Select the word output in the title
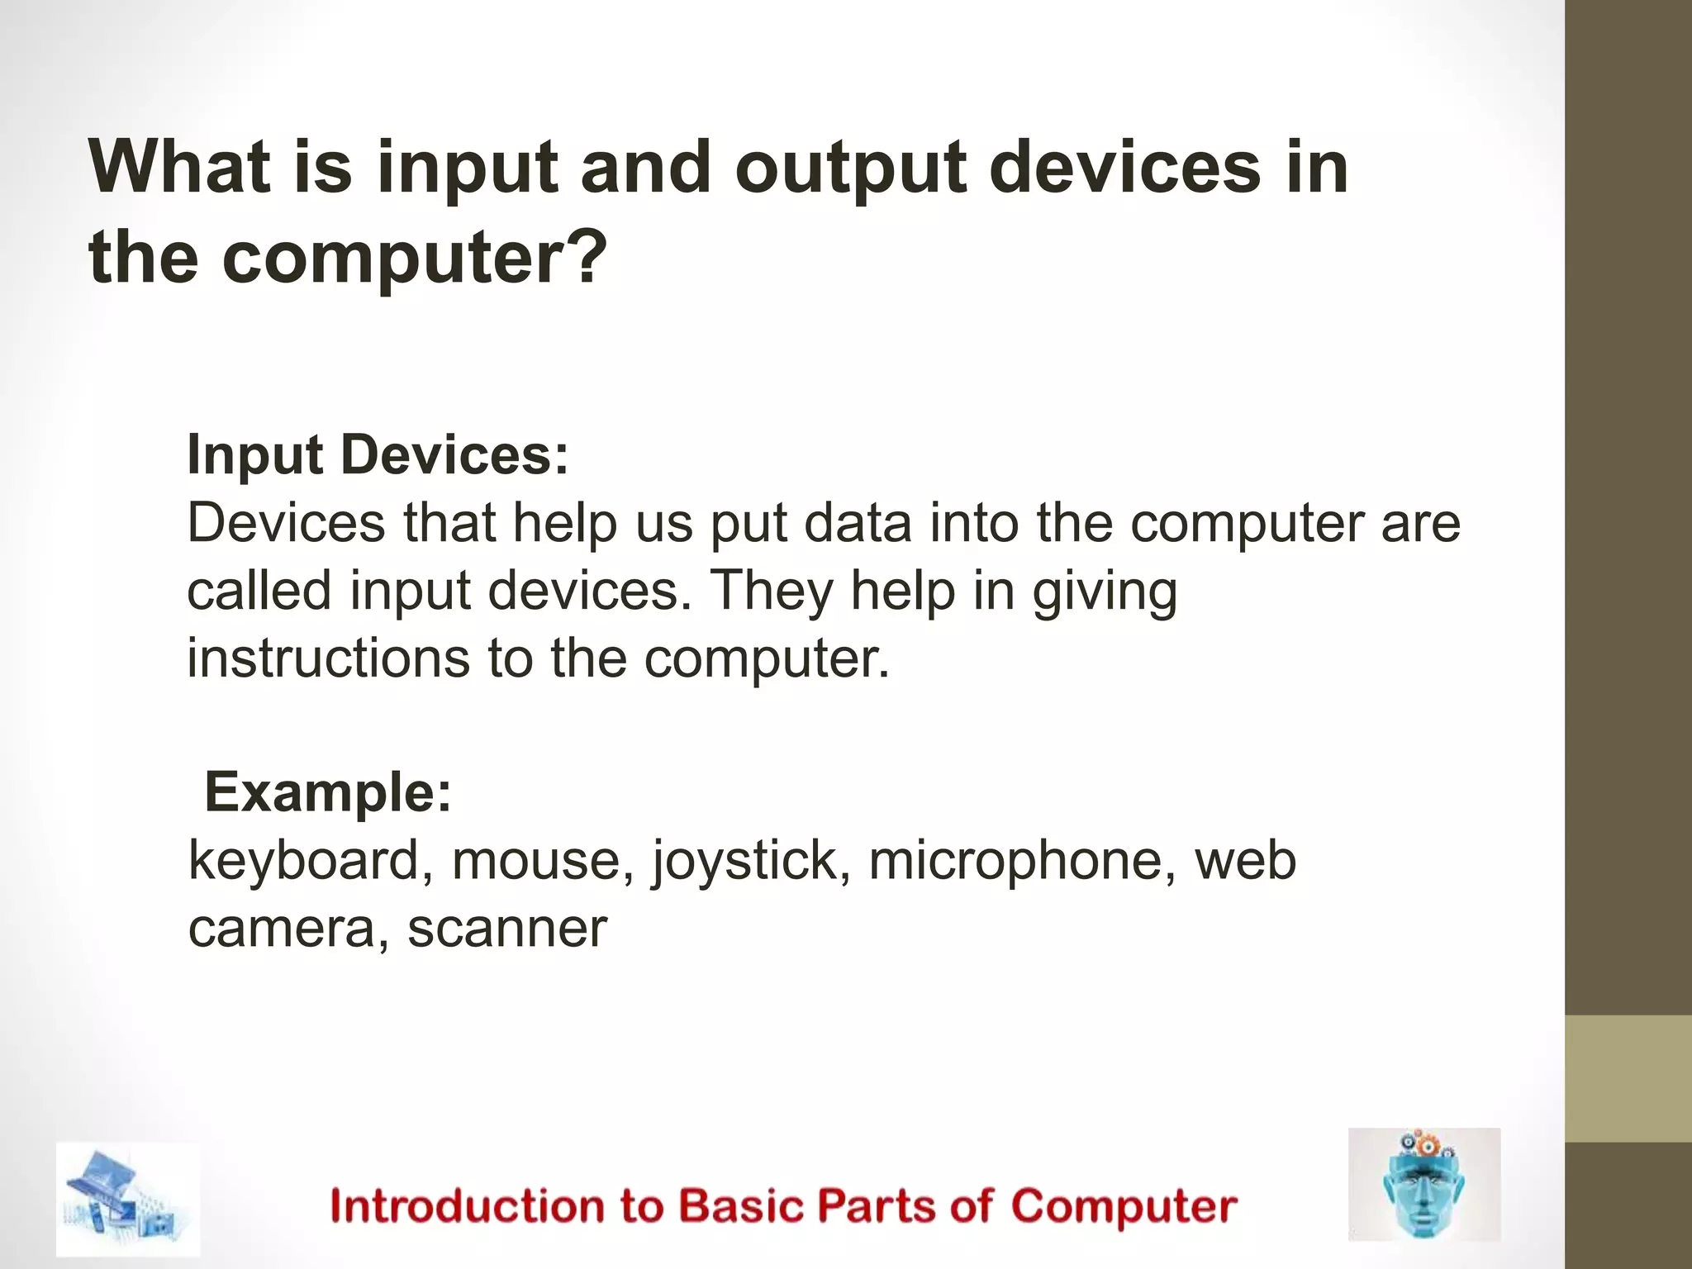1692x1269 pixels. pos(850,169)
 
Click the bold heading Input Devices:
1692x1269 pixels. pos(378,455)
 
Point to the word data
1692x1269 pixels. pos(858,523)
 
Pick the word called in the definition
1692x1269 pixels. pos(259,591)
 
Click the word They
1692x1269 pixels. pos(772,592)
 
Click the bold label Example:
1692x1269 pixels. pos(328,792)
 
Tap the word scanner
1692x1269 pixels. pos(507,928)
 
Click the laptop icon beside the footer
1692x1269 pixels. pos(128,1200)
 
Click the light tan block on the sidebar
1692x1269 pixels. pos(1628,1078)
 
